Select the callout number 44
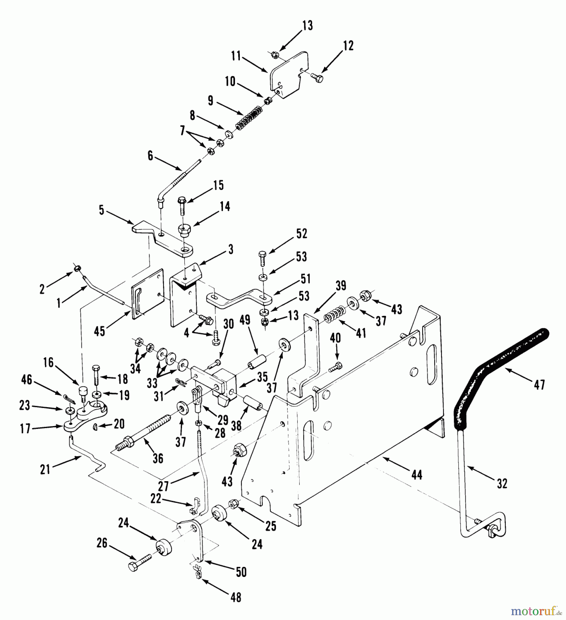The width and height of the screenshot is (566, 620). click(417, 475)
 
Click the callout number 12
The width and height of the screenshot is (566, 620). click(348, 46)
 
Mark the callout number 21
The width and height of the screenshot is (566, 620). click(45, 469)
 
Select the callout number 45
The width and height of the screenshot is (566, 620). click(99, 332)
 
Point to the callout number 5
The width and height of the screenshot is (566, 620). click(102, 210)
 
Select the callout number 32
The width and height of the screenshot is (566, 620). click(502, 483)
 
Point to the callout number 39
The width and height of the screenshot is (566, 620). click(341, 286)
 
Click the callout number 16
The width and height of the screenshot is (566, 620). click(49, 362)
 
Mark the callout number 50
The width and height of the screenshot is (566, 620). click(241, 572)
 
